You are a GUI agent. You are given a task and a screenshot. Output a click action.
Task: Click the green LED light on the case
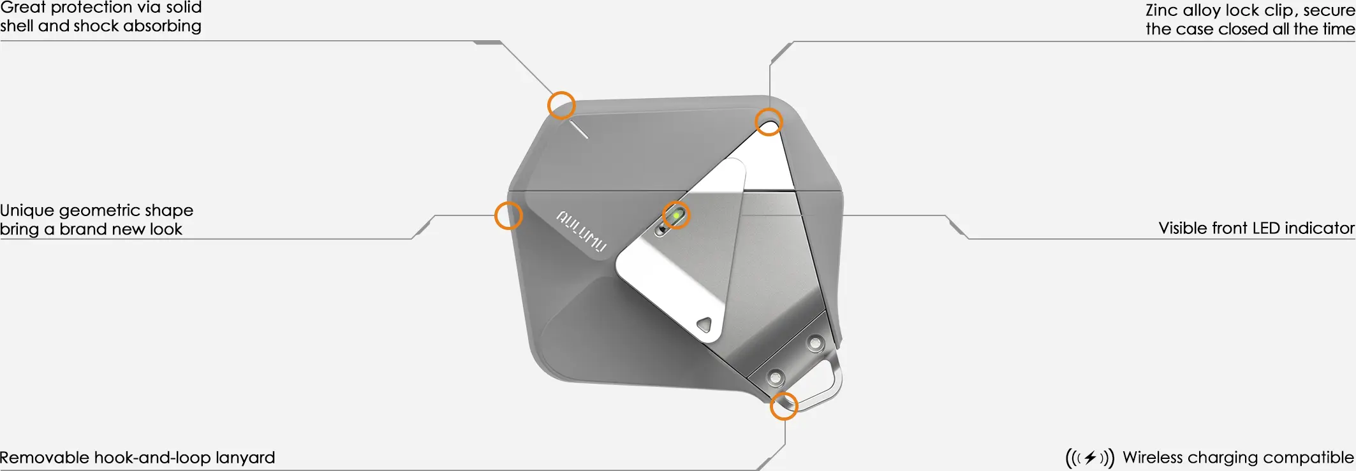676,215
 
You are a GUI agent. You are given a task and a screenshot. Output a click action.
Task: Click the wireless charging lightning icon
1090,458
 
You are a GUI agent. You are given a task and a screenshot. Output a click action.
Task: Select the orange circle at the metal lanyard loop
784,406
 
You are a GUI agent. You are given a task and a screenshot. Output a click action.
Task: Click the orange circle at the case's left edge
508,215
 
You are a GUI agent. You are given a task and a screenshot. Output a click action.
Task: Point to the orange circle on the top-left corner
561,105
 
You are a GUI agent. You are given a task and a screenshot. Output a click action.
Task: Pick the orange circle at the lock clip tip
769,122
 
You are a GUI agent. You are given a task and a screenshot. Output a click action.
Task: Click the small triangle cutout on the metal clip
704,325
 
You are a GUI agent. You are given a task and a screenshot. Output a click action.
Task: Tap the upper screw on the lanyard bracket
815,344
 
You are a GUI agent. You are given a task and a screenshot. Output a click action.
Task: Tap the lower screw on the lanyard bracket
775,377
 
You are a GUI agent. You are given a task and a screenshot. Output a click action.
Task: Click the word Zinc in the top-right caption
1161,10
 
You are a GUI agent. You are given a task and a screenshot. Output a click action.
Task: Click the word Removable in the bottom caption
45,458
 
